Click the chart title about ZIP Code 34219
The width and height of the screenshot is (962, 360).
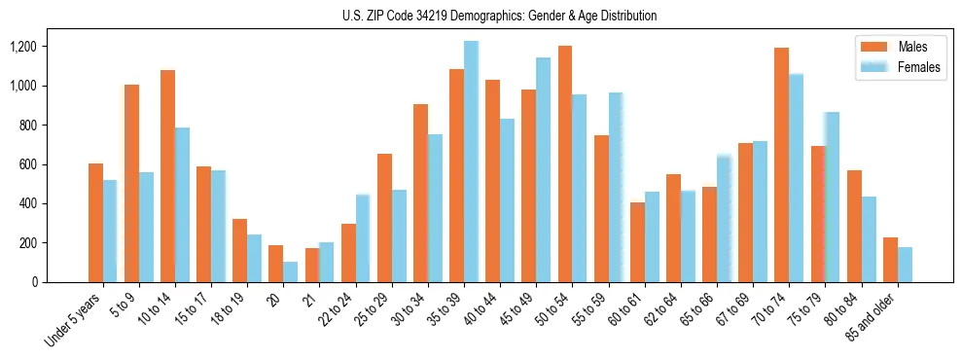tap(500, 16)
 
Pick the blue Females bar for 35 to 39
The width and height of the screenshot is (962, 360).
tap(471, 162)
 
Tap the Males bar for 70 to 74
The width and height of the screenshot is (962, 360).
tap(781, 164)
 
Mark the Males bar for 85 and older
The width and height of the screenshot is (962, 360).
tap(890, 260)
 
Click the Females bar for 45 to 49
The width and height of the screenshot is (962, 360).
tap(543, 169)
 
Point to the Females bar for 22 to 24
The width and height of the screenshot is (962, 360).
tap(363, 238)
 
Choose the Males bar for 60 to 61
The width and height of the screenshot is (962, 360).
tap(637, 242)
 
